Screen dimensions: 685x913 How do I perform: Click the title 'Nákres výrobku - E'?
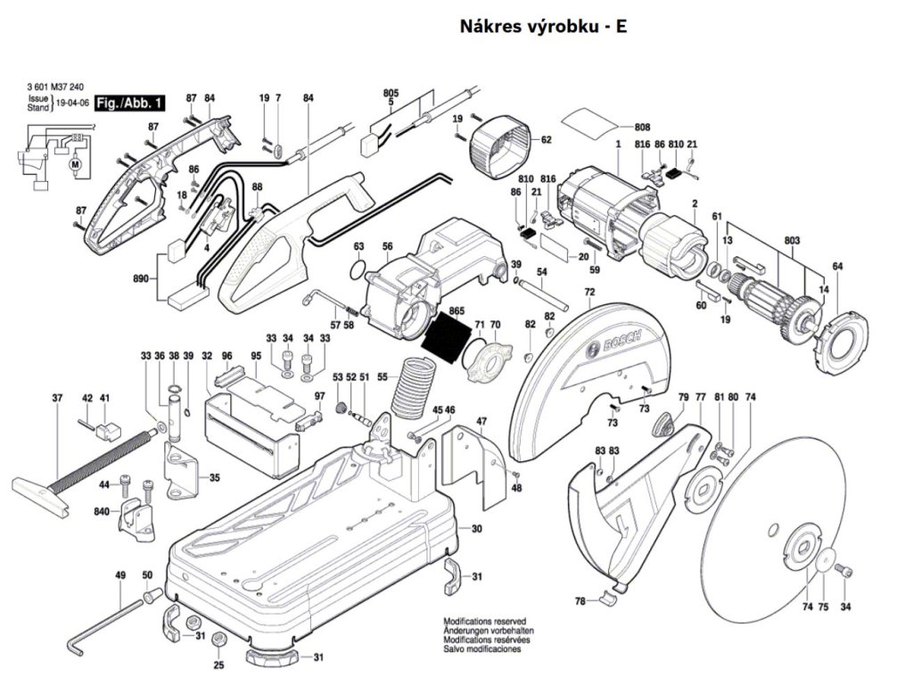point(543,27)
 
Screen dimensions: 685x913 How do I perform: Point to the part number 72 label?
point(589,293)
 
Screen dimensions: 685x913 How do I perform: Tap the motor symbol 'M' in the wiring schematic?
point(75,165)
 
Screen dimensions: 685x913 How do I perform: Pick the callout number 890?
point(140,279)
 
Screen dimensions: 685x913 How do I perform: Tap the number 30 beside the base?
point(476,529)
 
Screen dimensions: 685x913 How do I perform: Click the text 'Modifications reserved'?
point(484,620)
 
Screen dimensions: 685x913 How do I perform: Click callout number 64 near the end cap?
point(837,267)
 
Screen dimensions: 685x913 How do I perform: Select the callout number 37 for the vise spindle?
point(57,397)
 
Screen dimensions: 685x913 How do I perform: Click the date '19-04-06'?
point(72,103)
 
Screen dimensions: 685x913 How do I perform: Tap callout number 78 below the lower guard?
point(580,601)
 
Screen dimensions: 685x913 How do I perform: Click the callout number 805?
point(391,93)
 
